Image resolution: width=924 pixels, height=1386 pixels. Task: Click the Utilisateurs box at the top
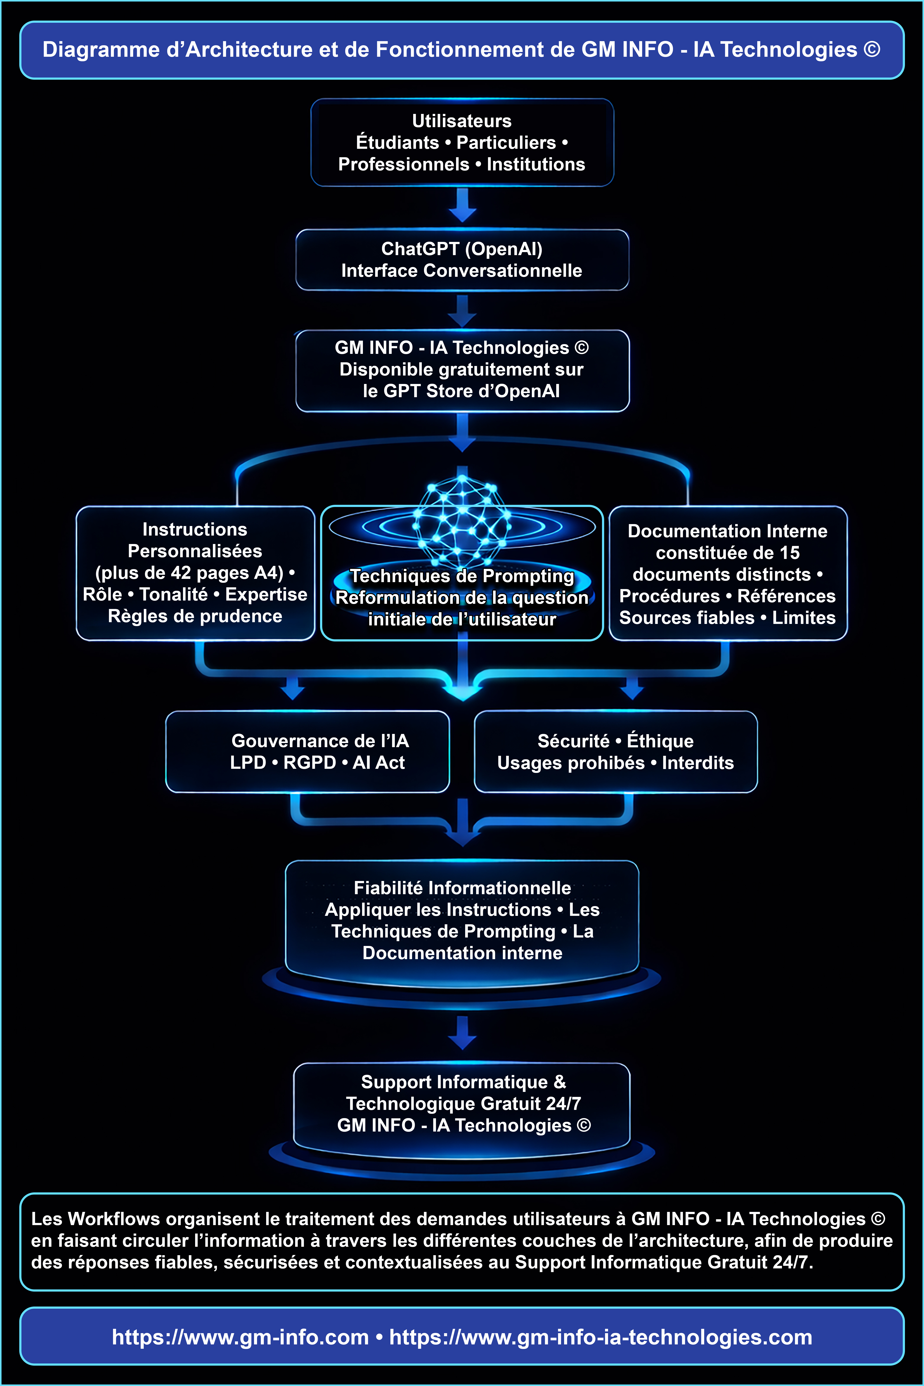(x=462, y=143)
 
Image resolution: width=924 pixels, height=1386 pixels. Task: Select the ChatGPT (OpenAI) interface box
(x=462, y=260)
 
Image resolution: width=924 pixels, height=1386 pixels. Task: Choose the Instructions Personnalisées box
(x=195, y=573)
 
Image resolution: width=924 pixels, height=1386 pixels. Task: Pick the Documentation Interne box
(x=728, y=573)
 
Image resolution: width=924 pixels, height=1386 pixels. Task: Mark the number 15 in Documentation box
(x=790, y=553)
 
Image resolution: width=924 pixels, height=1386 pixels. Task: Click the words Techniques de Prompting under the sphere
(x=462, y=576)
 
